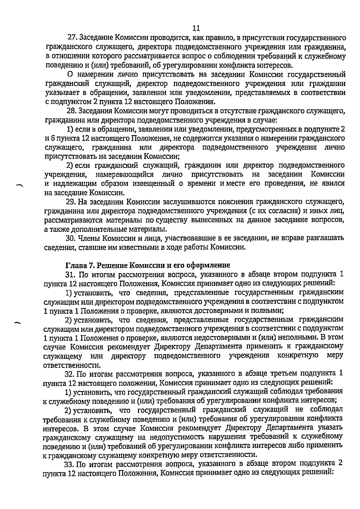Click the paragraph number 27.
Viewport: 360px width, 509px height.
[x=72, y=38]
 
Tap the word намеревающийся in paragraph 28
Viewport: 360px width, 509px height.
[x=124, y=174]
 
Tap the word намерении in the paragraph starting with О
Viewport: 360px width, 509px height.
[x=90, y=74]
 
